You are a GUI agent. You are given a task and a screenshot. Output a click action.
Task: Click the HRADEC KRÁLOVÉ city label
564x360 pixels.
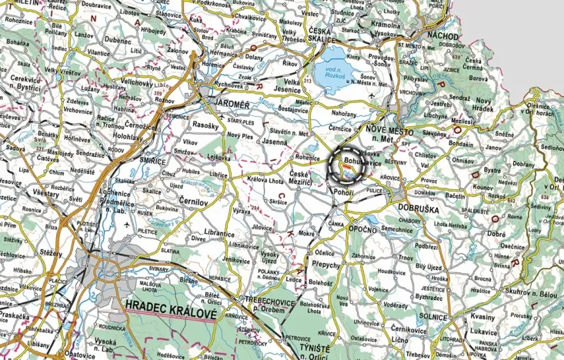(x=172, y=305)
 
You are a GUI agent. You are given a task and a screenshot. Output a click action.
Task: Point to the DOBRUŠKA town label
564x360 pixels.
(x=419, y=208)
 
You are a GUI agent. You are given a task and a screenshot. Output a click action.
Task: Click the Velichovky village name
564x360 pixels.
(x=137, y=81)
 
